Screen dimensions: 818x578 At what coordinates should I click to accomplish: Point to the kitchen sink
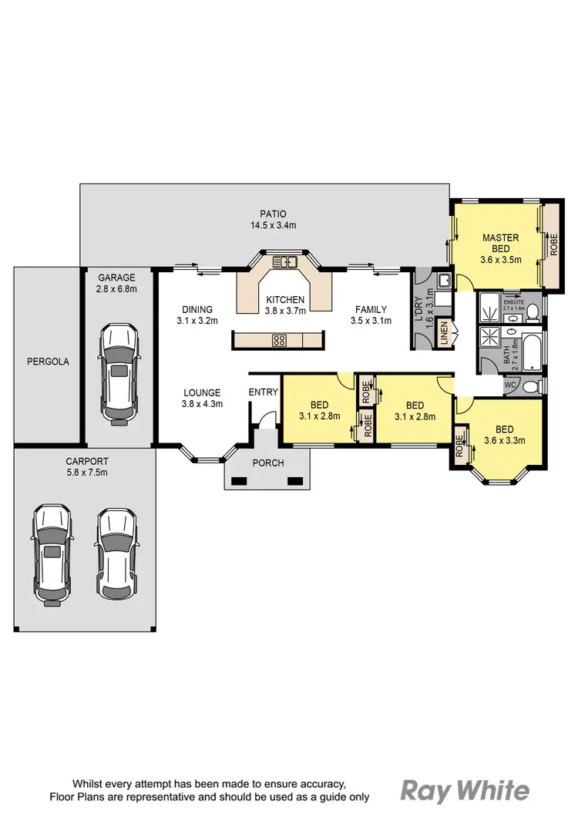tap(286, 262)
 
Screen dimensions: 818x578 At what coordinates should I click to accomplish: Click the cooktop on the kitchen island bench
tap(280, 339)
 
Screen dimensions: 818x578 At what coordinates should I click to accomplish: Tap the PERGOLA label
tap(48, 361)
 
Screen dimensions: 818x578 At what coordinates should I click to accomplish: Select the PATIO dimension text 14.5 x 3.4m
tap(273, 226)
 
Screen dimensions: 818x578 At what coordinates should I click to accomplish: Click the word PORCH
tap(268, 463)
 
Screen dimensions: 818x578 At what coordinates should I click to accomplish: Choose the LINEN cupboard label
tap(443, 335)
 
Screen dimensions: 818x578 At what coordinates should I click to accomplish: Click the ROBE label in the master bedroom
tap(554, 245)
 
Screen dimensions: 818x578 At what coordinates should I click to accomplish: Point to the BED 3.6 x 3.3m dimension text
tap(505, 441)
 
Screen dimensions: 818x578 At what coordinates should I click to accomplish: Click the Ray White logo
tap(465, 790)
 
